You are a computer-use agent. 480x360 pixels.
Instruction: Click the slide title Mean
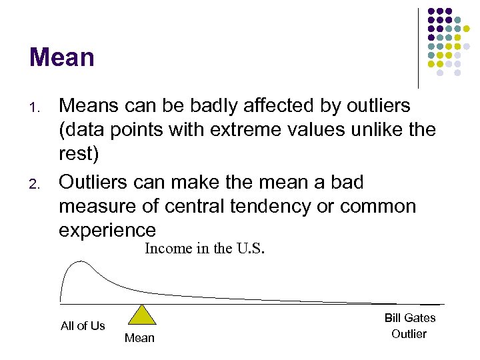[x=61, y=57]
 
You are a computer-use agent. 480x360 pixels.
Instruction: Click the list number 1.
[x=37, y=107]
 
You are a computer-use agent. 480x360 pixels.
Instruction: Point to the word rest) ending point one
[x=79, y=155]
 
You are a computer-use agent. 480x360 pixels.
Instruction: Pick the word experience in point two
[x=107, y=231]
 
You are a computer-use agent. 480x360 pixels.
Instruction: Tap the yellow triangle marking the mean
[x=139, y=315]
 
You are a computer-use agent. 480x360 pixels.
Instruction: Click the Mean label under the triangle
[x=139, y=338]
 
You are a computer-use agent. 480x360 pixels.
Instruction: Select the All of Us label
[x=83, y=326]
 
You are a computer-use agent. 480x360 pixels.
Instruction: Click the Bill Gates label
[x=409, y=319]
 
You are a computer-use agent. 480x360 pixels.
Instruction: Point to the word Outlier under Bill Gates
[x=409, y=334]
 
